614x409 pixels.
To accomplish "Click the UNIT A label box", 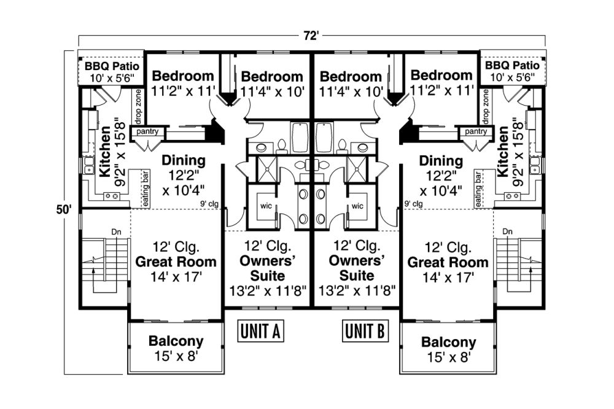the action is (x=260, y=331).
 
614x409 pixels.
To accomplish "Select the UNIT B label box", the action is (x=365, y=331).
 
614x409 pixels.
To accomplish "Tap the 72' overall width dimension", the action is (x=311, y=36).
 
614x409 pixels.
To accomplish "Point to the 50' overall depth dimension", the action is (x=63, y=210).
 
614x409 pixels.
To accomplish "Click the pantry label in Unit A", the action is (x=147, y=131).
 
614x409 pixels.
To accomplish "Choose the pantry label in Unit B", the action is (x=476, y=131).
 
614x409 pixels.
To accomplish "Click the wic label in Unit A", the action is (x=266, y=206).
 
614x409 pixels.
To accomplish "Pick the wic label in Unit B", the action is (x=357, y=206).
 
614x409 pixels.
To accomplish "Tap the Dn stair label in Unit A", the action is (x=116, y=232).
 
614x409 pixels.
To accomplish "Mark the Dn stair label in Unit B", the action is (x=508, y=232).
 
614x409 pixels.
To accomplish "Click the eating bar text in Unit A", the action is (x=146, y=189).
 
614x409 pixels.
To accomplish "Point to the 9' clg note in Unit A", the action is (x=209, y=204).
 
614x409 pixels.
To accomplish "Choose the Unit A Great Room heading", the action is (x=176, y=262).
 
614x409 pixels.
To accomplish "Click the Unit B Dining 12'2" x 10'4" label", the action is (x=441, y=176).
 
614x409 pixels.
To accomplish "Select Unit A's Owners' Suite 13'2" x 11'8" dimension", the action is (x=268, y=290).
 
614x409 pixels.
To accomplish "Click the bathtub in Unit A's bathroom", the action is (x=301, y=138).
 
